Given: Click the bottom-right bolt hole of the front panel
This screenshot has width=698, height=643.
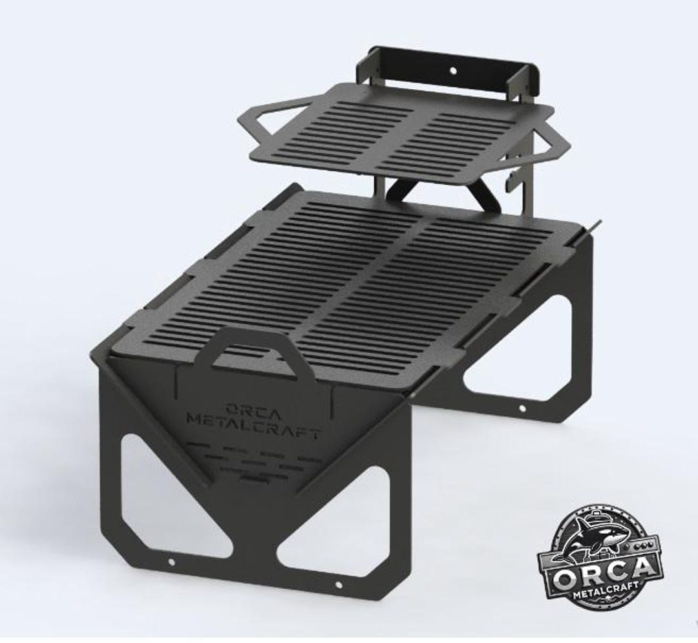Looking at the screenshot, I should tap(338, 585).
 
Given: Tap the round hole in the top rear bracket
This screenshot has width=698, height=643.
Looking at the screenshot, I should tap(452, 68).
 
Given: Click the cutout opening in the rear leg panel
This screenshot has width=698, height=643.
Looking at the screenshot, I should tap(511, 349).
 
